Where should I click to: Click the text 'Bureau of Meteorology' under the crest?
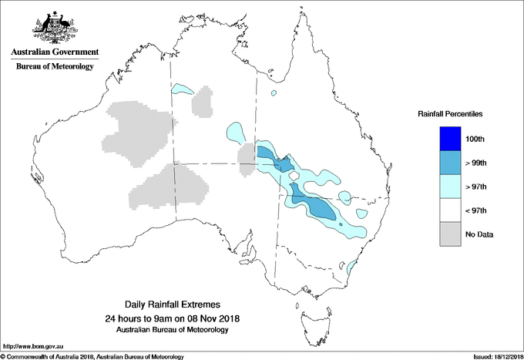pos(55,67)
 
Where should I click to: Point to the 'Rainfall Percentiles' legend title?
pos(450,113)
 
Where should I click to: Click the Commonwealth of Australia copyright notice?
pos(92,356)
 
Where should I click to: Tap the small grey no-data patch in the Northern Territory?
pos(203,103)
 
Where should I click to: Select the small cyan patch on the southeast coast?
pos(351,267)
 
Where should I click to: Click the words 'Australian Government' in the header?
pos(55,52)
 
